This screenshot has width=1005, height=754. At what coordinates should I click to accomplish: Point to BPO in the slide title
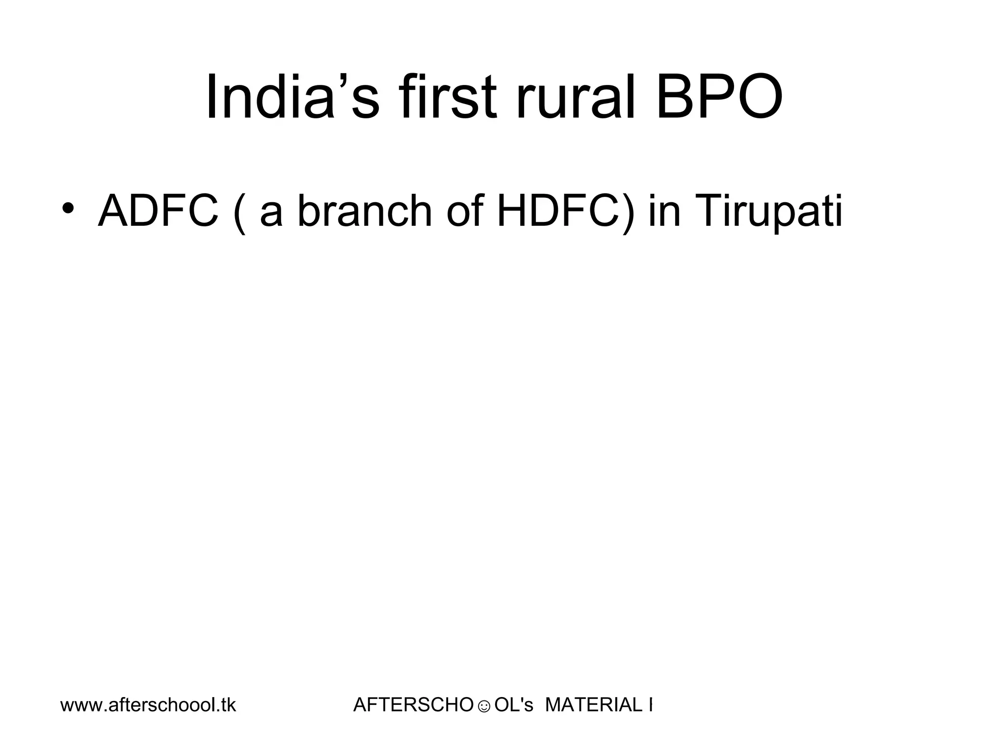pyautogui.click(x=718, y=97)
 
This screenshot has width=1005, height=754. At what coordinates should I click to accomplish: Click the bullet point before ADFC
pyautogui.click(x=68, y=209)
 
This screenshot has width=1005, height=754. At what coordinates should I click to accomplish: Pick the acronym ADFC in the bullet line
pyautogui.click(x=158, y=212)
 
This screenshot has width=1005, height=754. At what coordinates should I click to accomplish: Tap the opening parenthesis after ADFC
pyautogui.click(x=239, y=213)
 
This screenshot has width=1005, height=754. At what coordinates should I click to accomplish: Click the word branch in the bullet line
pyautogui.click(x=364, y=212)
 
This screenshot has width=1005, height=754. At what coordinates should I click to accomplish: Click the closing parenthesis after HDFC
pyautogui.click(x=629, y=213)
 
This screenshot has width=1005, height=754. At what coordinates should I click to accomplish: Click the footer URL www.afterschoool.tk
pyautogui.click(x=148, y=705)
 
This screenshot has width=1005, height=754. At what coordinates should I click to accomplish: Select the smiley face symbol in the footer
pyautogui.click(x=484, y=707)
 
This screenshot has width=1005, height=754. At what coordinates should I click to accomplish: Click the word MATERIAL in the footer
pyautogui.click(x=593, y=705)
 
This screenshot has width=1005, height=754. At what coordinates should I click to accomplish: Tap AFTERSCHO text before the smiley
pyautogui.click(x=413, y=705)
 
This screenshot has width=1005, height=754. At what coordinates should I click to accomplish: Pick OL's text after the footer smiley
pyautogui.click(x=513, y=705)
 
